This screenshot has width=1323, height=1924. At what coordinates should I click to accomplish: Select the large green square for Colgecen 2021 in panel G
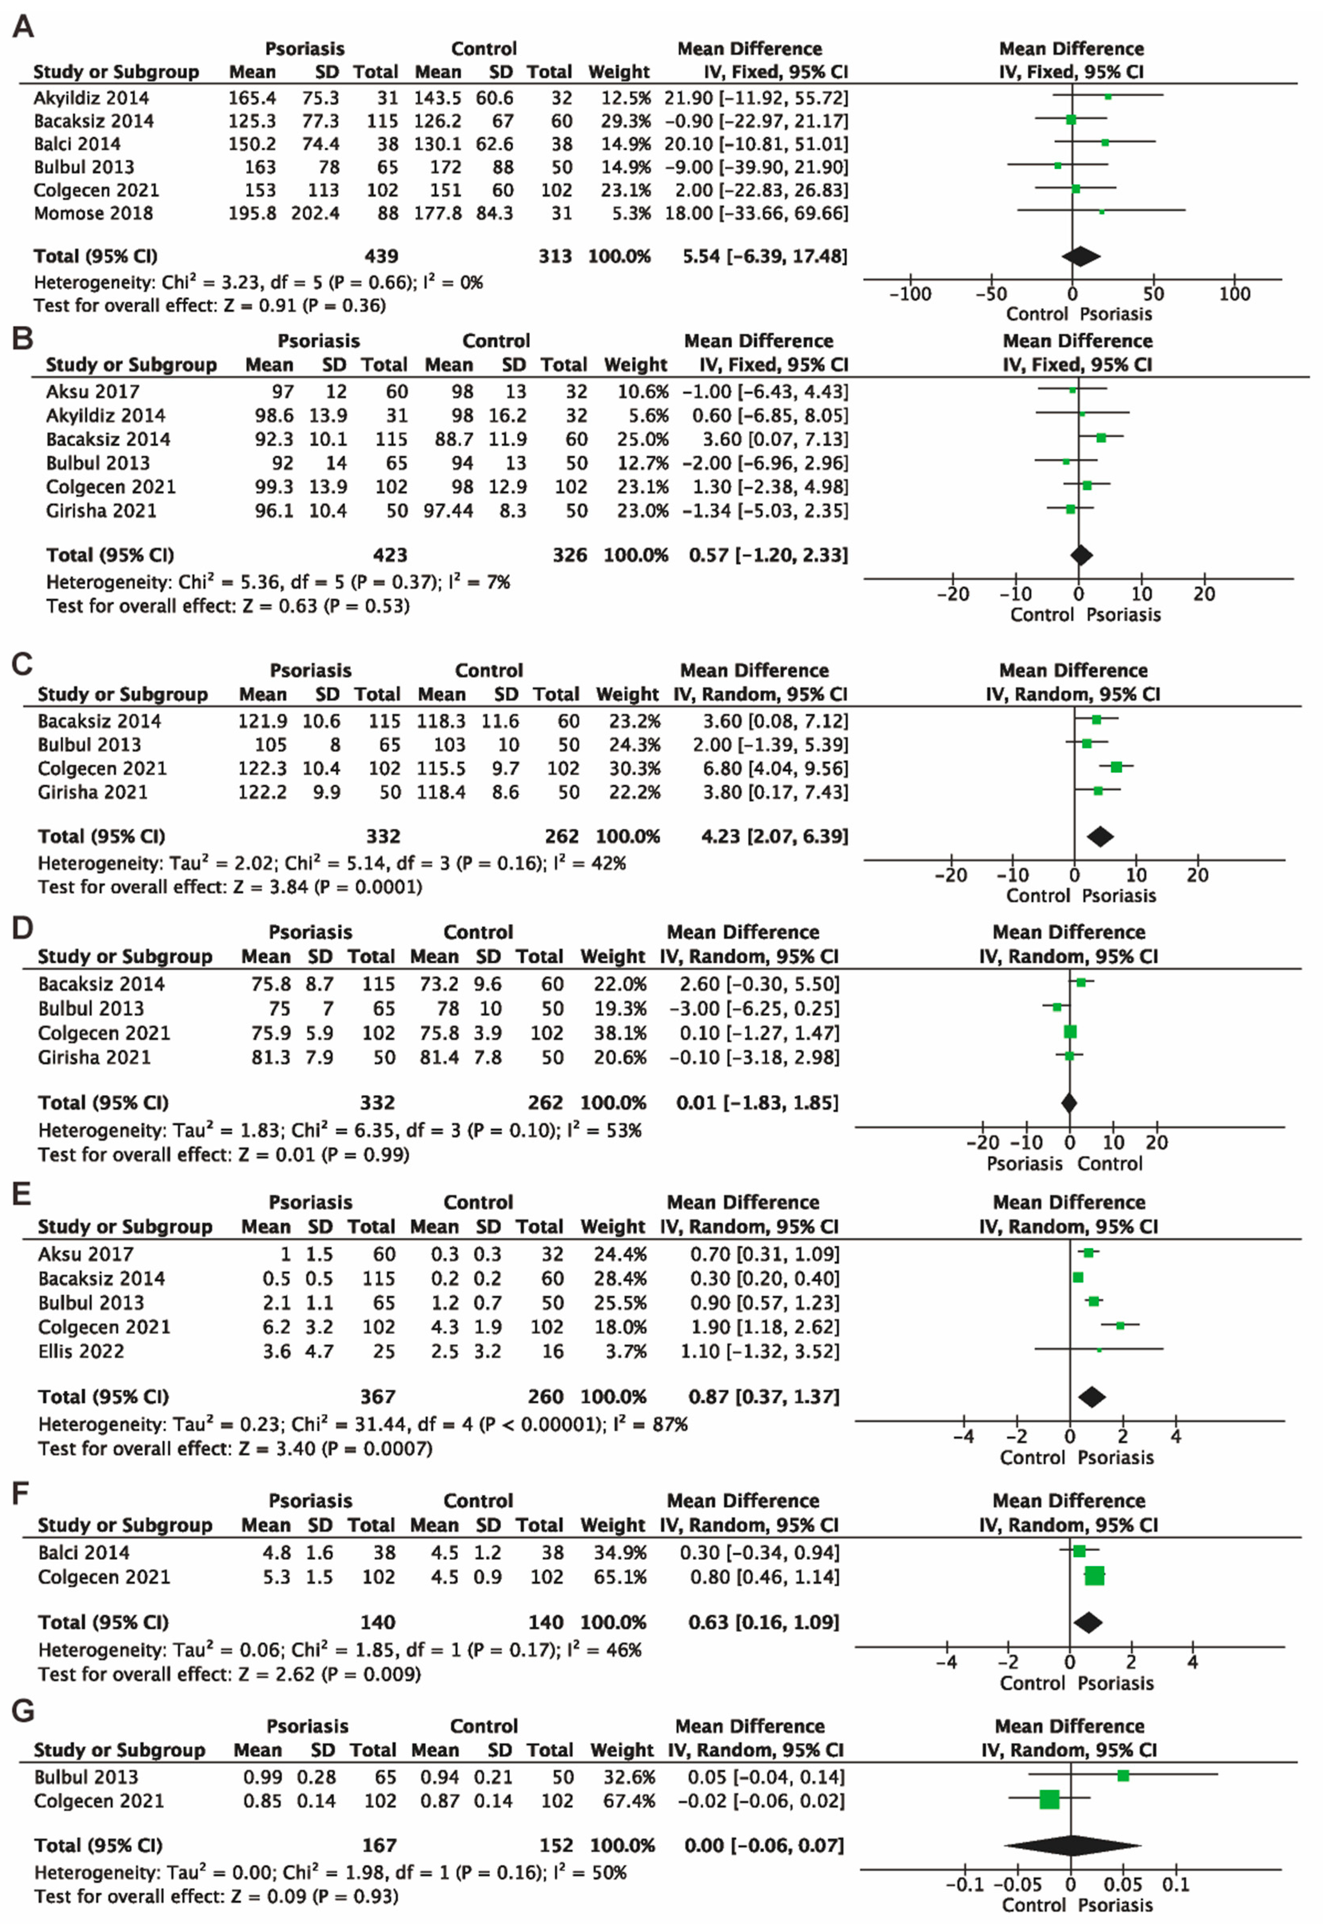(x=1049, y=1799)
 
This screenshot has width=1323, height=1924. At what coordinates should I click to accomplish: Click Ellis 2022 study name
(x=80, y=1352)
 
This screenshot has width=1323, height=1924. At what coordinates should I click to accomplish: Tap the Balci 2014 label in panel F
(x=84, y=1552)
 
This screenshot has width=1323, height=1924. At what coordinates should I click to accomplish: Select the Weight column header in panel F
(x=612, y=1525)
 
